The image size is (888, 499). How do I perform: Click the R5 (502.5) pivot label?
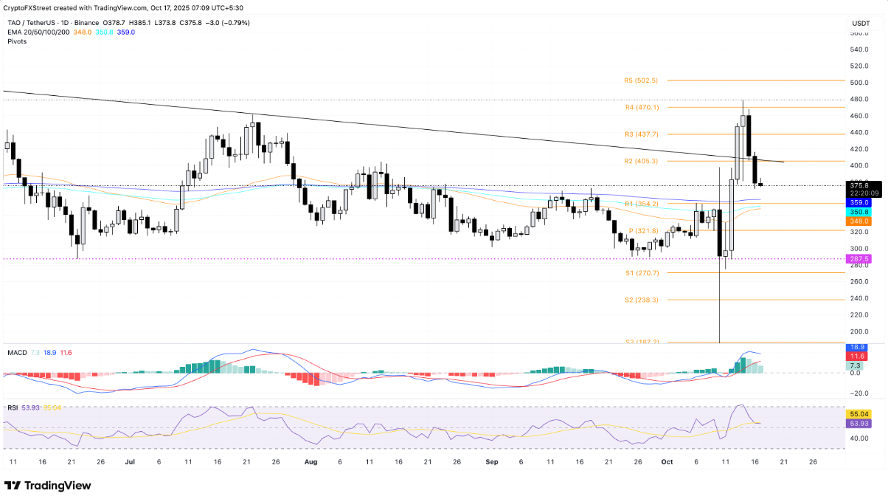640,80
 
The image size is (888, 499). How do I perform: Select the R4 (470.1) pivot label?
640,108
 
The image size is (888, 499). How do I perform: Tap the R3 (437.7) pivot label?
640,134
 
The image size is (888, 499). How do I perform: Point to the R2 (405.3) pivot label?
640,161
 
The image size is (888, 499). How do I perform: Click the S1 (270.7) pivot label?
640,273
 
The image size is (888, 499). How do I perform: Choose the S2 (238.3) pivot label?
640,300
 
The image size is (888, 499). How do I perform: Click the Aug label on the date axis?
311,461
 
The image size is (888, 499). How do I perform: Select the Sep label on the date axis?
492,461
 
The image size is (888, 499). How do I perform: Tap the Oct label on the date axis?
667,461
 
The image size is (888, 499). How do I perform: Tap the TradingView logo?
48,485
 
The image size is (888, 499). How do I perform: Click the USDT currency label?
861,24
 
